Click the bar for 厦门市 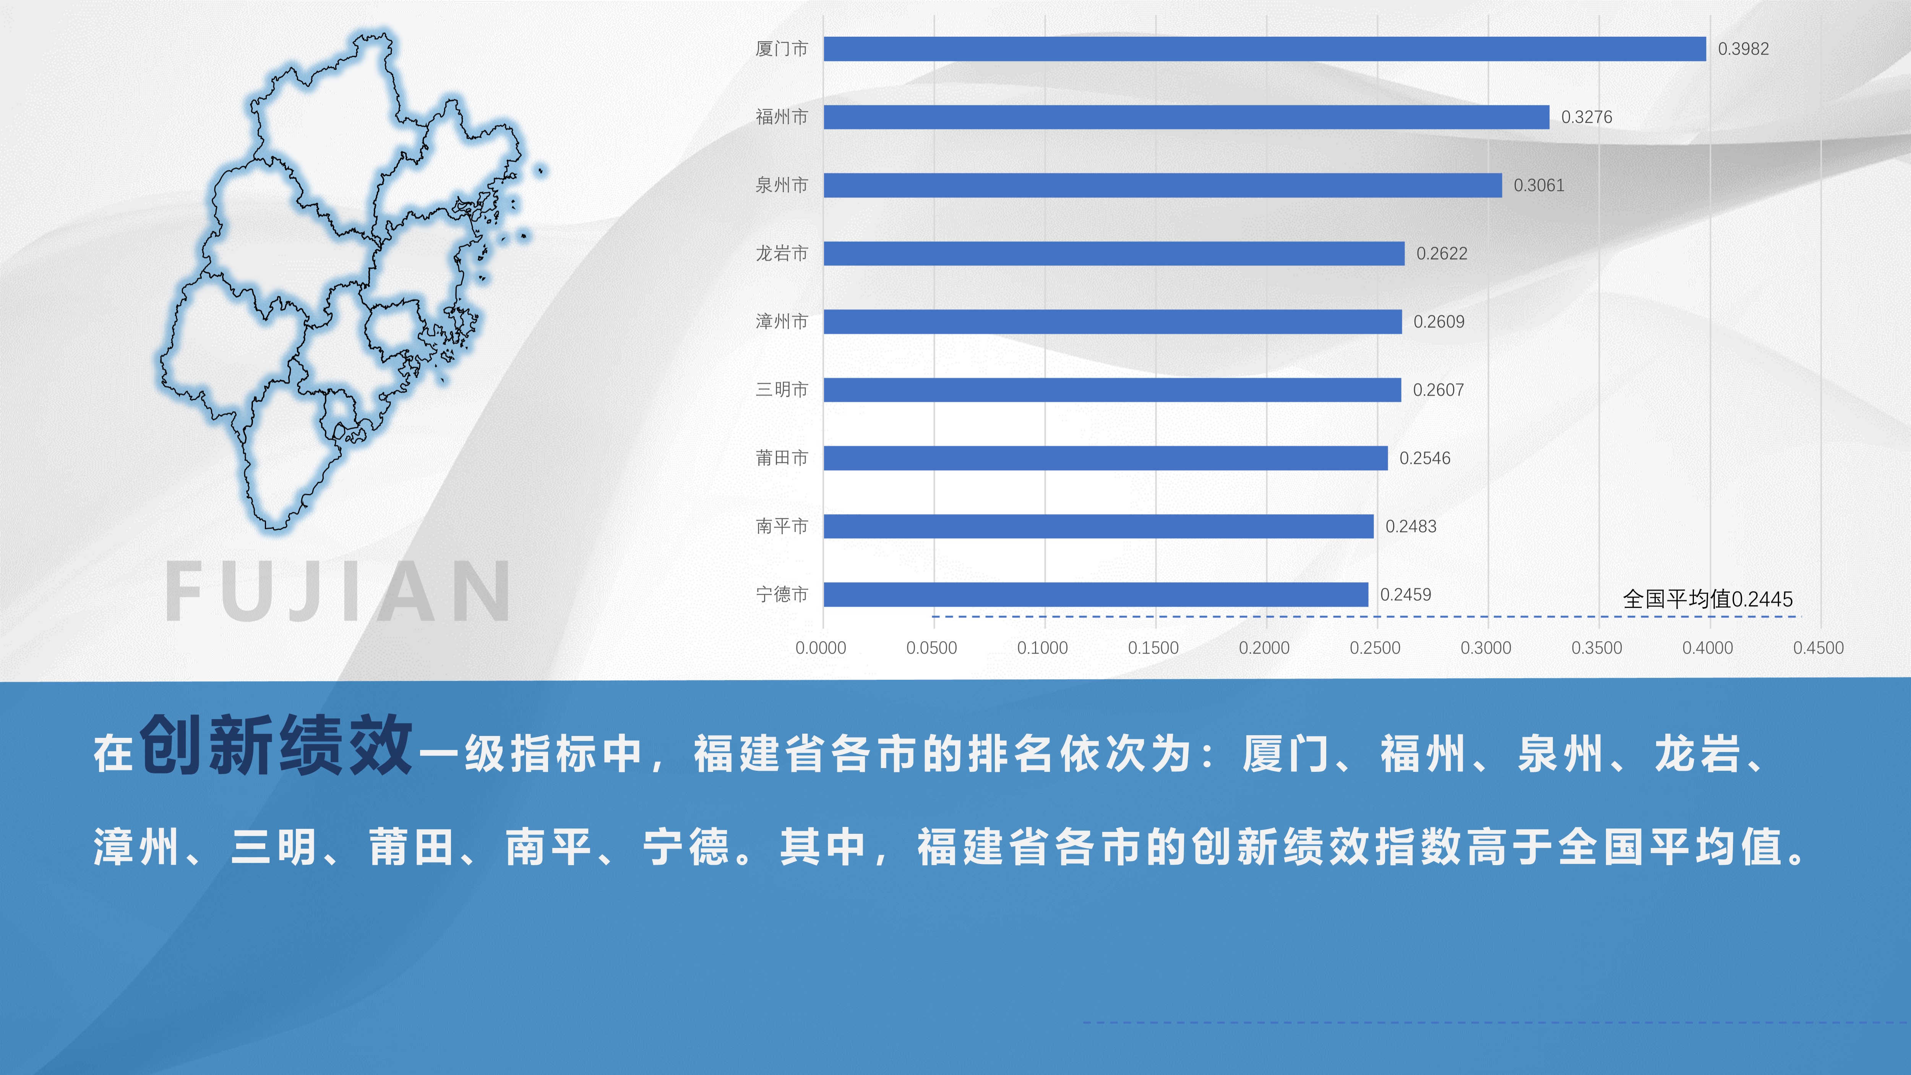click(x=1265, y=49)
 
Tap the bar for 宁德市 click(x=1096, y=594)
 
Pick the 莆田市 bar click(x=1105, y=458)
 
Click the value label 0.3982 click(x=1743, y=49)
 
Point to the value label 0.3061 click(x=1539, y=185)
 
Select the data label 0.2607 click(x=1438, y=390)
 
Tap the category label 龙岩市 click(x=781, y=254)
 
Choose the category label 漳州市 click(x=781, y=322)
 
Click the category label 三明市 click(x=781, y=390)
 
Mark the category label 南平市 click(x=781, y=527)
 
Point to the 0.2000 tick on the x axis click(x=1264, y=648)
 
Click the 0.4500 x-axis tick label click(x=1818, y=648)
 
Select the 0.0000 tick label click(x=821, y=648)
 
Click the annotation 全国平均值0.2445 click(x=1708, y=599)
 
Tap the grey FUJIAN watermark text click(x=337, y=591)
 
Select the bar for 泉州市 click(x=1163, y=185)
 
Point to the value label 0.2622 click(x=1441, y=254)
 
